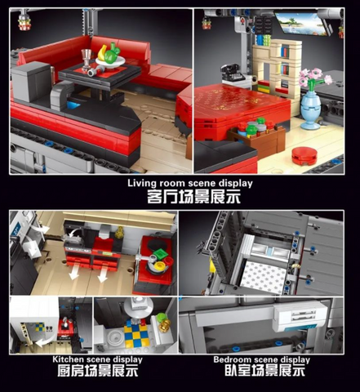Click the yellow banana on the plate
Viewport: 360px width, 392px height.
click(x=101, y=53)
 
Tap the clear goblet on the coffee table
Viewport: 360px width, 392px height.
click(x=87, y=58)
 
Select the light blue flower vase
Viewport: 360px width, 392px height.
click(x=310, y=109)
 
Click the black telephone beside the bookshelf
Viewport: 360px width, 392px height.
click(x=232, y=72)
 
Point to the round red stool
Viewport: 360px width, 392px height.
click(x=304, y=156)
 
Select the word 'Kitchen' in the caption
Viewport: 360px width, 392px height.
click(x=68, y=359)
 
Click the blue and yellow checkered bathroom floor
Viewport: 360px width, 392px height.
click(x=137, y=334)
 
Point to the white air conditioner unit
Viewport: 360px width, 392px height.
click(x=300, y=316)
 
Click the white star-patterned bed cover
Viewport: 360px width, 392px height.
click(x=264, y=276)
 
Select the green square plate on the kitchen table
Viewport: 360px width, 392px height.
click(x=159, y=254)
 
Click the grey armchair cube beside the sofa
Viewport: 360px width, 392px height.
click(x=31, y=81)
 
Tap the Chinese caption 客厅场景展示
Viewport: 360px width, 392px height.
click(x=193, y=196)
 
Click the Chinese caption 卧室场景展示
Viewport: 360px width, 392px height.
click(x=265, y=371)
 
